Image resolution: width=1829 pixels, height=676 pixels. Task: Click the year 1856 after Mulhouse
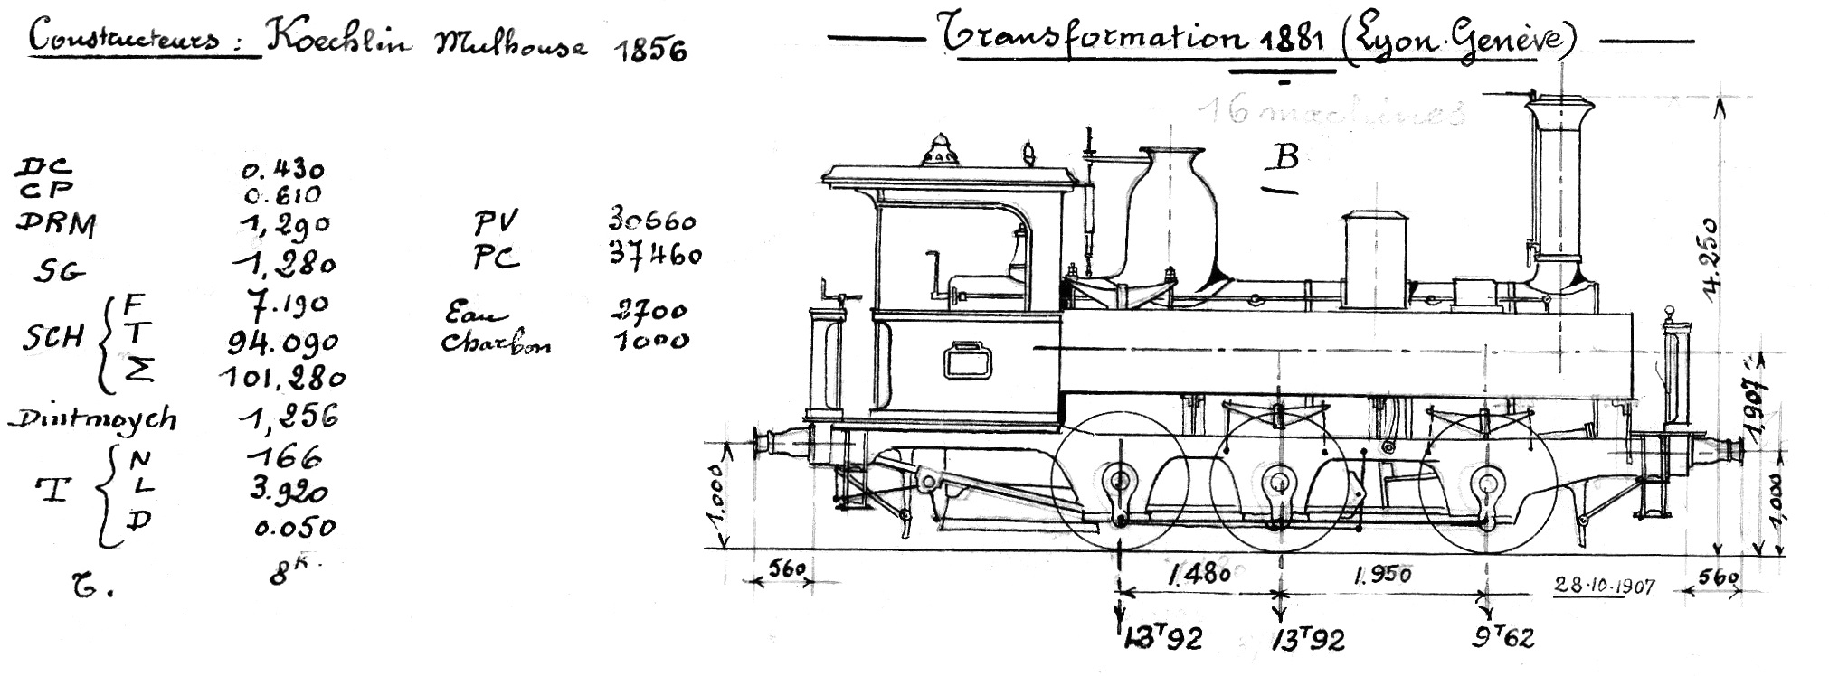(x=649, y=50)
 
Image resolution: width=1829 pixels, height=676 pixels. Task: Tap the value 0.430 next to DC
(x=283, y=169)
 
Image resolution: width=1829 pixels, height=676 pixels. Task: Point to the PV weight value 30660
(x=651, y=221)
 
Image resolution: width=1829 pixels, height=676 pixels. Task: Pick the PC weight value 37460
(x=655, y=256)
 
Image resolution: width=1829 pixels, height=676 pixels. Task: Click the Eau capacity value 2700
(x=649, y=312)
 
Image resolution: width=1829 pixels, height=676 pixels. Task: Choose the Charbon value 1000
(x=650, y=341)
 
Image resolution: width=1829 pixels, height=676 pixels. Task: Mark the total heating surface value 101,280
(x=282, y=376)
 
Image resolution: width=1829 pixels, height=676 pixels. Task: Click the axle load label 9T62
(x=1502, y=638)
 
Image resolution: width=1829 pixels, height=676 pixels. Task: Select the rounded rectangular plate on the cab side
(x=965, y=361)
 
